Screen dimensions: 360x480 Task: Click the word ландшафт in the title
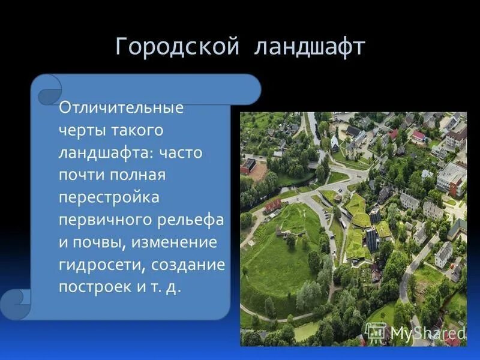(x=309, y=47)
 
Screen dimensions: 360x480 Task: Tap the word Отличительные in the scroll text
(x=121, y=109)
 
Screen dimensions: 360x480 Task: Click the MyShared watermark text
(x=428, y=332)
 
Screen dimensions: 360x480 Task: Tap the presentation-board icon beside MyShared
(x=376, y=331)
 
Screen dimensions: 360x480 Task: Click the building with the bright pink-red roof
(x=419, y=136)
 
